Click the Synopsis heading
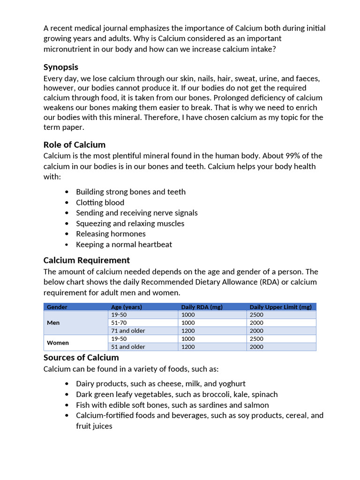[61, 67]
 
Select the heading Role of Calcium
[75, 144]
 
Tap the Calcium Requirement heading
[87, 260]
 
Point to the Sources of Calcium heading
[81, 358]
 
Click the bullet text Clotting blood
[100, 202]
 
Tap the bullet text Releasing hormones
[111, 234]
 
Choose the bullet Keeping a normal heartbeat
[124, 244]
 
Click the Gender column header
[57, 307]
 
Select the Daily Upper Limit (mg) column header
[280, 307]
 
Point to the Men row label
[53, 322]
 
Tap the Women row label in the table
[58, 343]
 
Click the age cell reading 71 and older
[128, 330]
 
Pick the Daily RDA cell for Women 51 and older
[189, 347]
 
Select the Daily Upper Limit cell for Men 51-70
[256, 322]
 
